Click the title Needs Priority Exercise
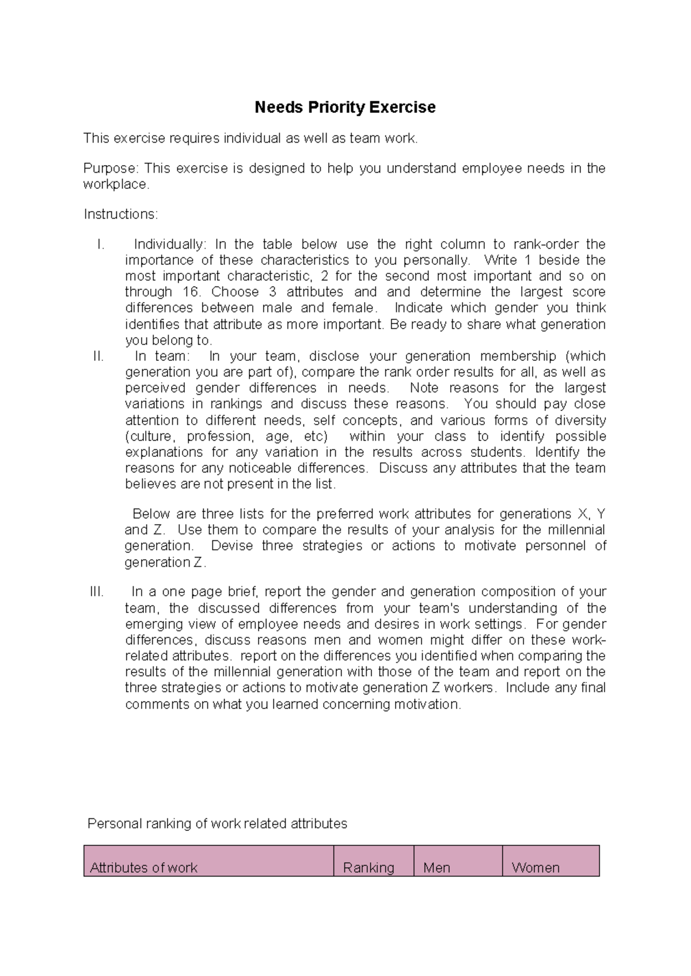[x=345, y=108]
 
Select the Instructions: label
[x=120, y=215]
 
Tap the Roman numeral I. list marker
[x=101, y=245]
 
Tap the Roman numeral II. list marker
[x=98, y=356]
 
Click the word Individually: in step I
[x=169, y=245]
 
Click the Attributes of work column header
[x=144, y=868]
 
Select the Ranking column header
[x=369, y=868]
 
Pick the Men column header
[x=436, y=868]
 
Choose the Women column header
[x=536, y=868]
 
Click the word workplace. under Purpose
[x=116, y=185]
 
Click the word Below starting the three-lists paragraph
[x=151, y=514]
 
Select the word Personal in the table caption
[x=114, y=824]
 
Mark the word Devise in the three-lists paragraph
[x=231, y=546]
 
